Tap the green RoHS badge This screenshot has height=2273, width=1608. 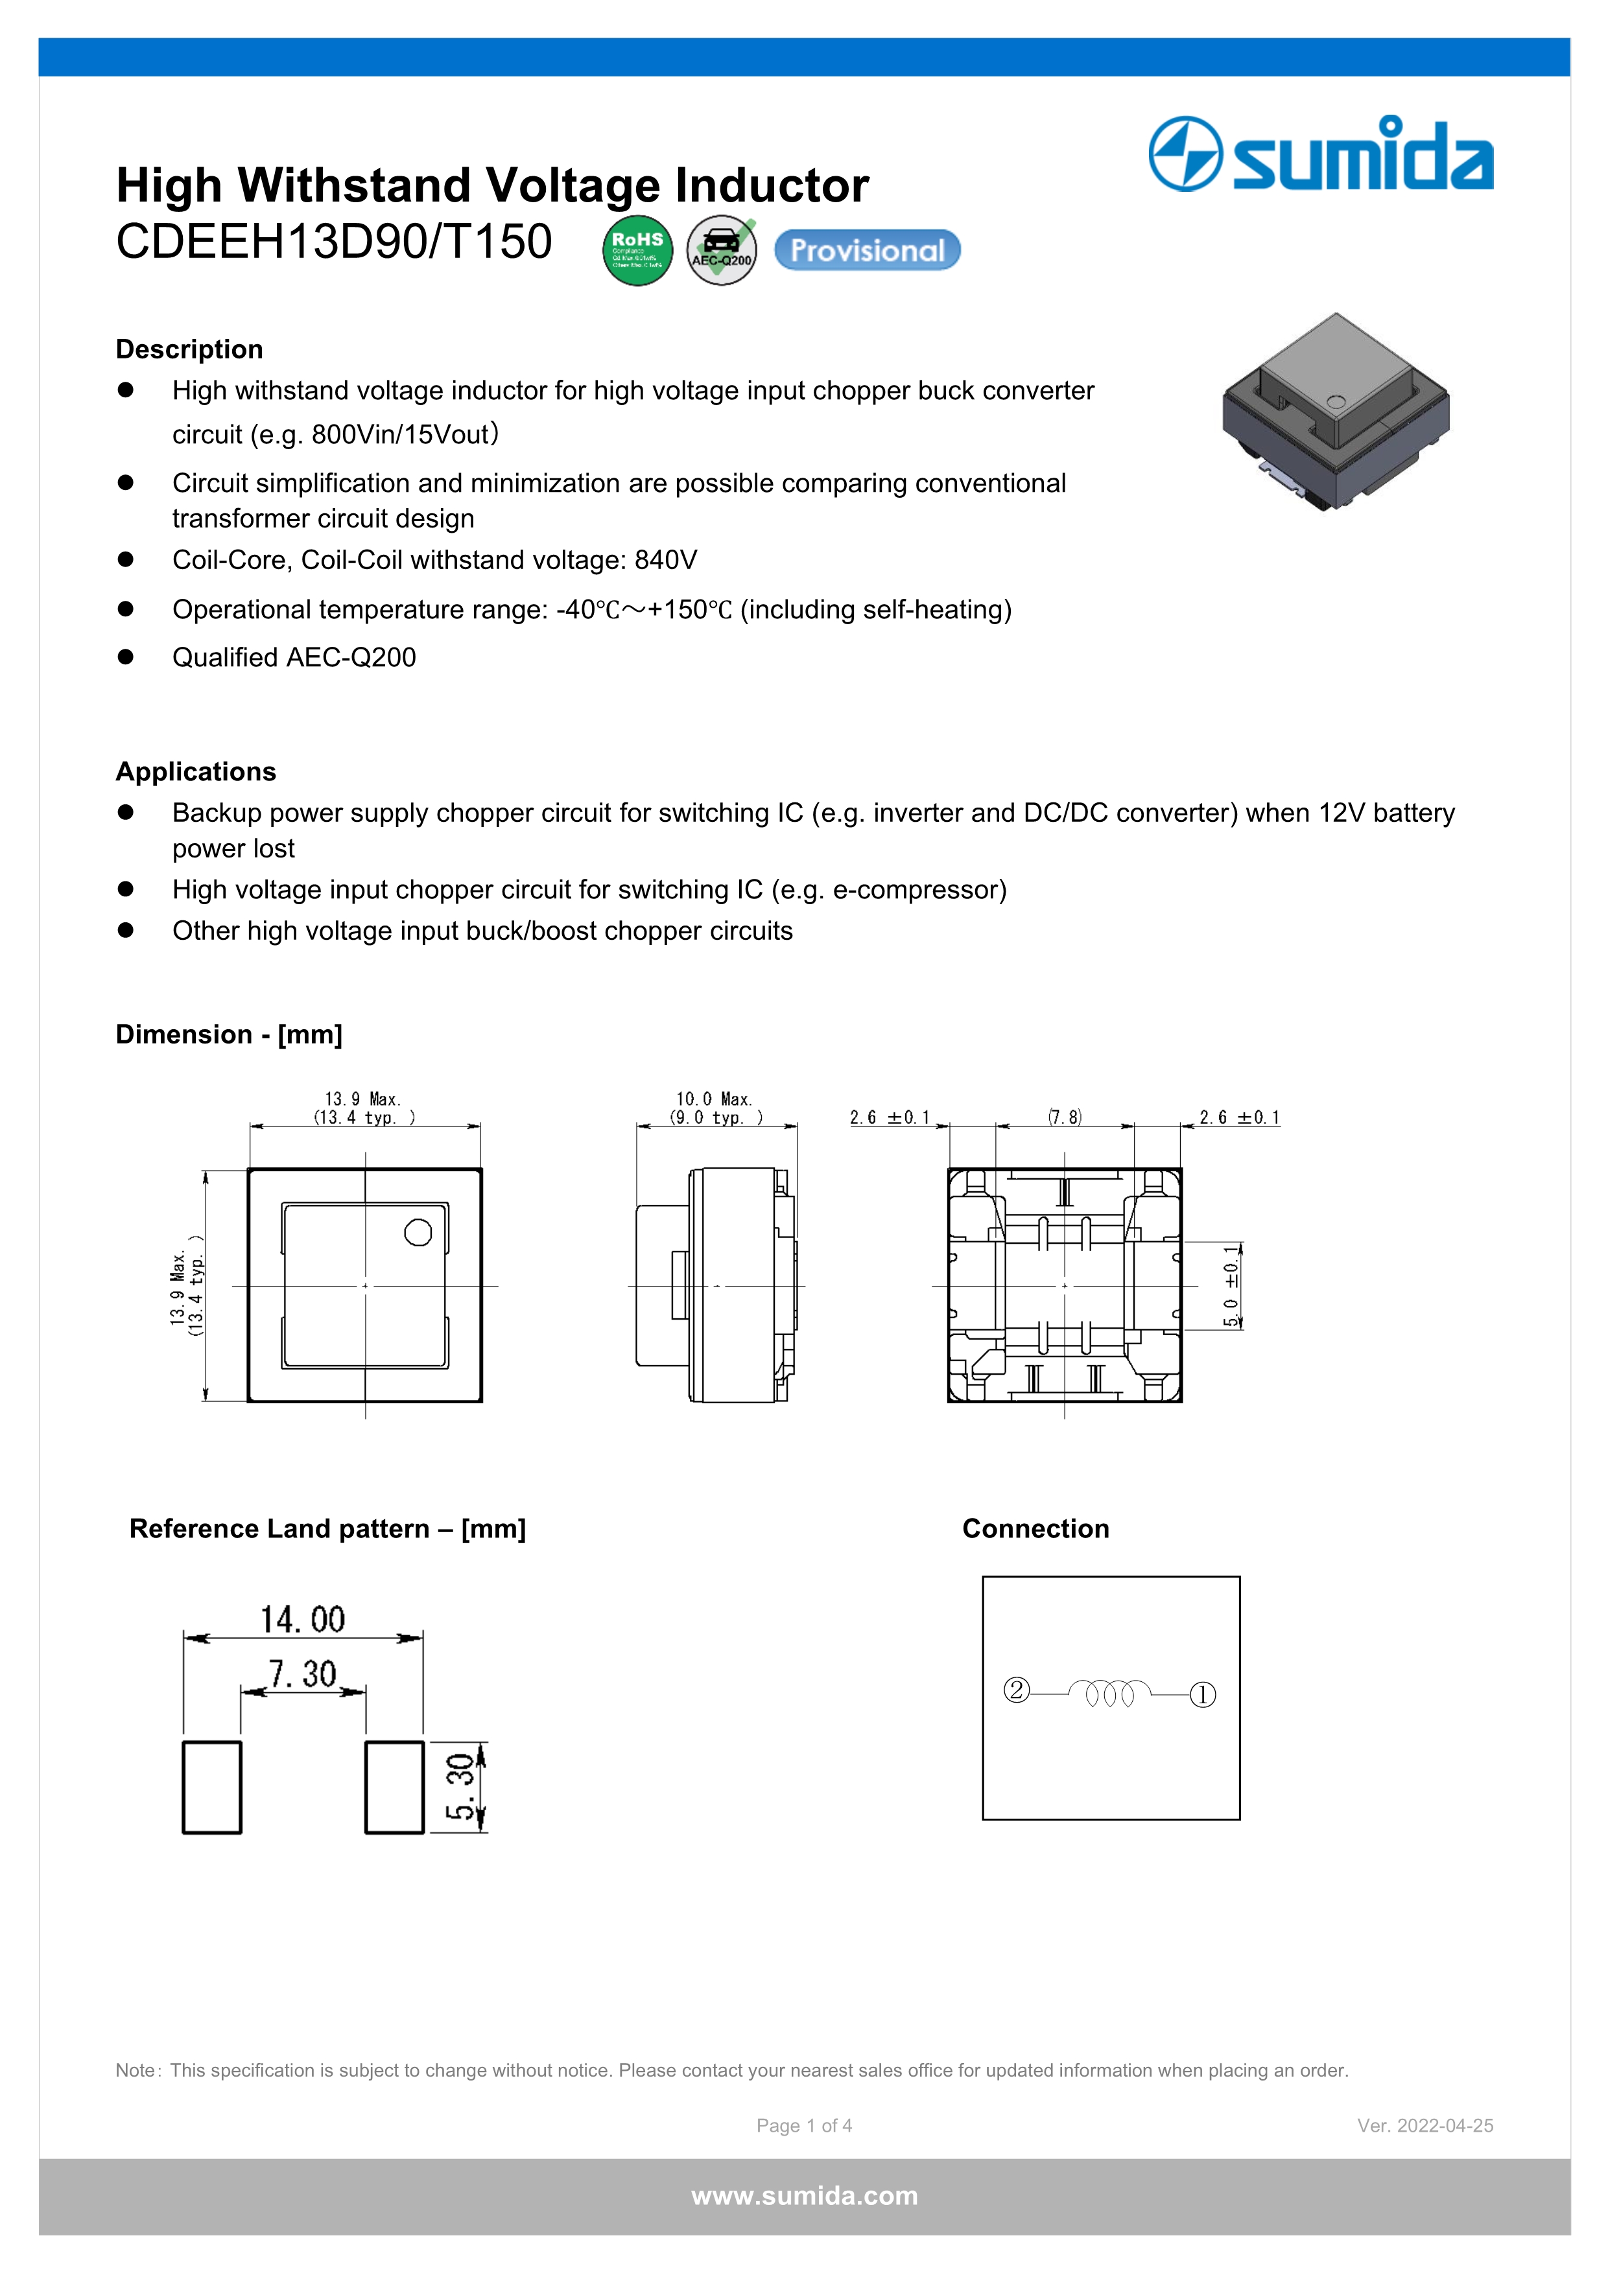[637, 250]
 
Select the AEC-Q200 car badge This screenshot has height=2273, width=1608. [722, 250]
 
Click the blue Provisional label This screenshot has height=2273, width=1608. [868, 250]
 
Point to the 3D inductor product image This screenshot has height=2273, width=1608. [1335, 411]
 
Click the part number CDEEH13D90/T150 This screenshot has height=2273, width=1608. [334, 242]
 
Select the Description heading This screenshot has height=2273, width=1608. [189, 349]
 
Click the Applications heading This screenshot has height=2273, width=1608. [196, 771]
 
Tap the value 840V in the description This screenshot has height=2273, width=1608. [665, 561]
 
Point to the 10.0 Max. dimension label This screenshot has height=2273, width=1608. [714, 1099]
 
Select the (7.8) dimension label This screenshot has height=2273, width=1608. [1065, 1117]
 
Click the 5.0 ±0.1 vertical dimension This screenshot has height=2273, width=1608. [1231, 1285]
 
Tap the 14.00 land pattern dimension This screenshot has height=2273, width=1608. [303, 1620]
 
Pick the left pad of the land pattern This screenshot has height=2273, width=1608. [212, 1787]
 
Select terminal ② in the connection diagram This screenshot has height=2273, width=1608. [1017, 1690]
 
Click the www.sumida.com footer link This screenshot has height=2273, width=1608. [804, 2196]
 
